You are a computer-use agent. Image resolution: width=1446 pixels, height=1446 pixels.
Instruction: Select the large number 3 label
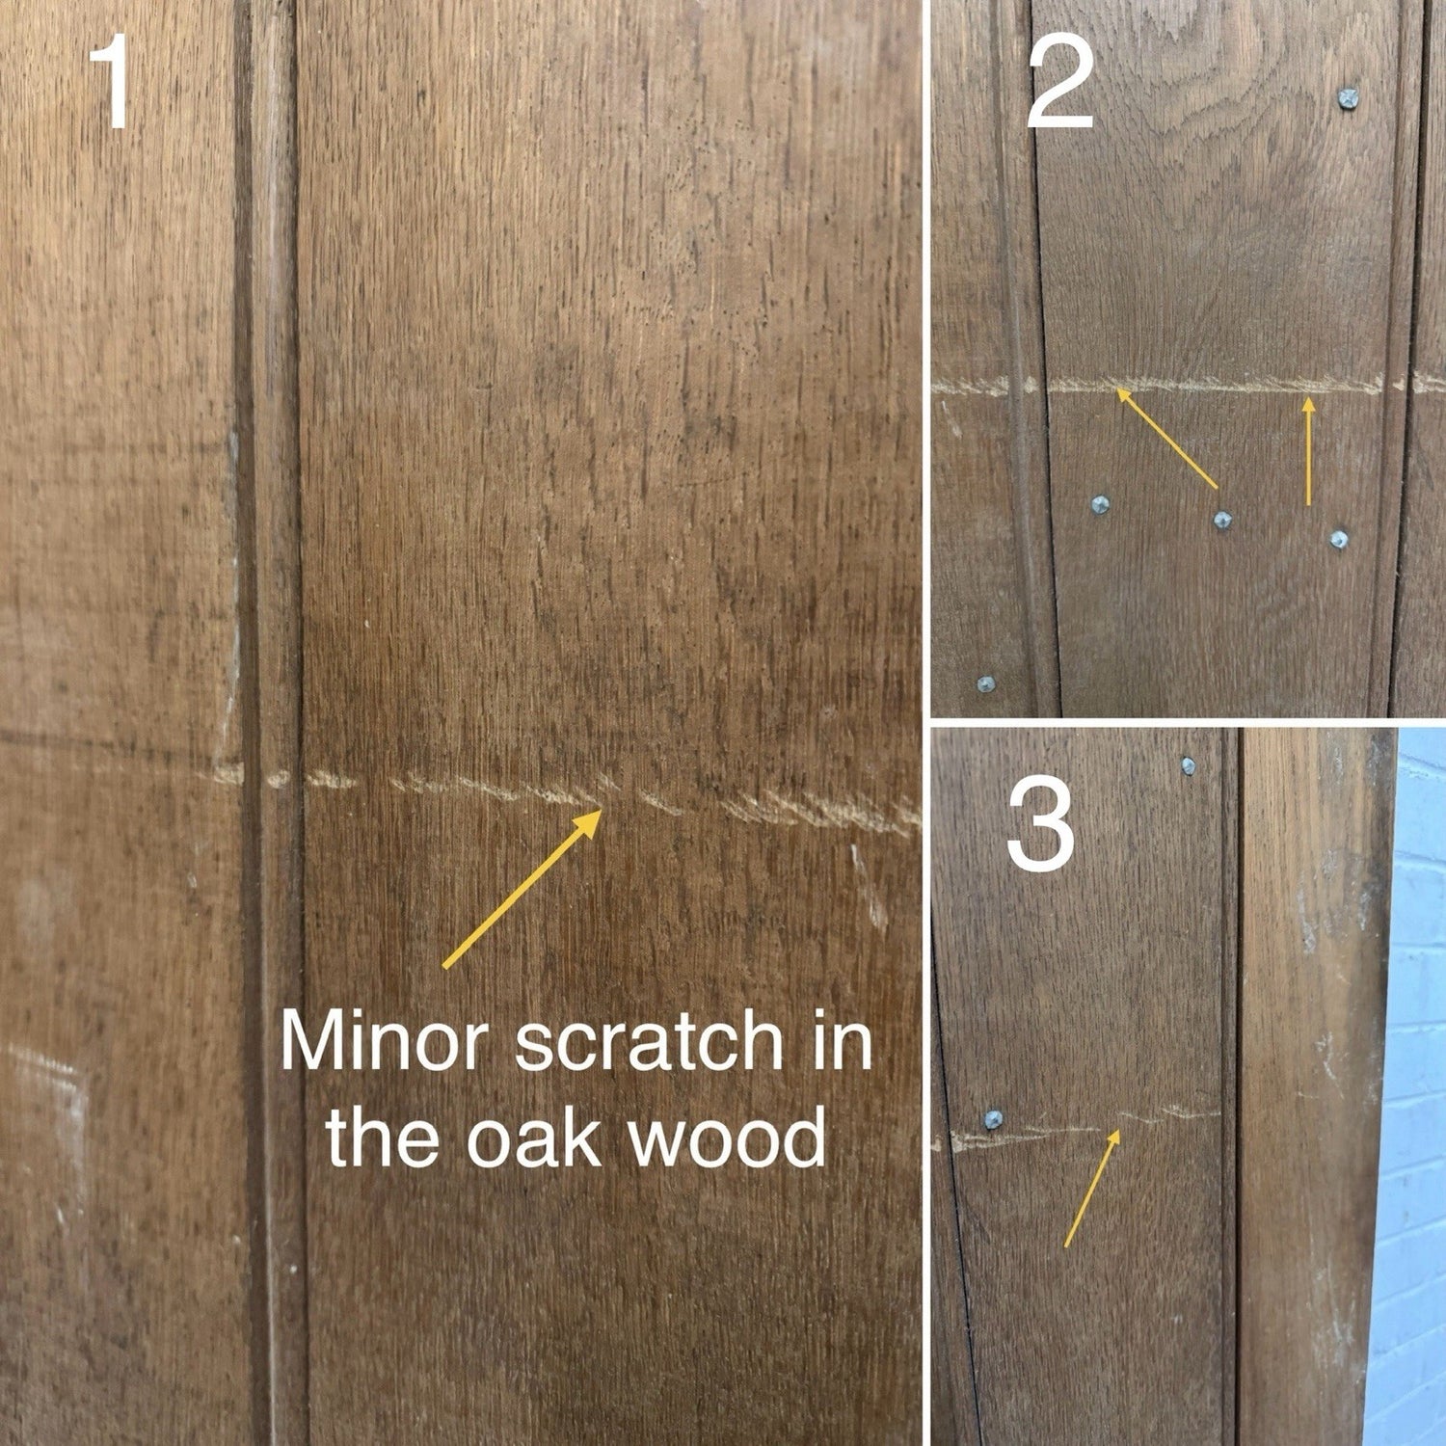click(1041, 825)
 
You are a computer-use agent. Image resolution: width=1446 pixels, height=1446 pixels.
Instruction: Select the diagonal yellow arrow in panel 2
click(1166, 438)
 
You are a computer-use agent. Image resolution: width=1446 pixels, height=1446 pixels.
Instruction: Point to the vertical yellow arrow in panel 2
click(1308, 451)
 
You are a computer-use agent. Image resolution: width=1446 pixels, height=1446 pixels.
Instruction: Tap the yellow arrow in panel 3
click(1092, 1187)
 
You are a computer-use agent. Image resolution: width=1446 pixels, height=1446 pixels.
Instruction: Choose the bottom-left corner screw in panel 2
click(985, 683)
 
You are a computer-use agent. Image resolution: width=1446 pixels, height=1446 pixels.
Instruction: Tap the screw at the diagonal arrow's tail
click(1222, 521)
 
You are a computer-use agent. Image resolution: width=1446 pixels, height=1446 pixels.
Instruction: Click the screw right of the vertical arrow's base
click(1338, 539)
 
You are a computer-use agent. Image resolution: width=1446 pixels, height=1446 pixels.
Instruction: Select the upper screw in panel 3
click(1188, 766)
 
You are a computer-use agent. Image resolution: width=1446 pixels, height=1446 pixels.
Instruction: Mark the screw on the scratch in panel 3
click(992, 1119)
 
